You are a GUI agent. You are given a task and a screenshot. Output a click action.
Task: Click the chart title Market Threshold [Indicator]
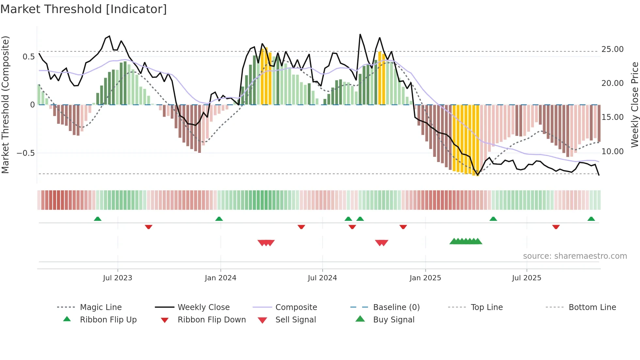[84, 9]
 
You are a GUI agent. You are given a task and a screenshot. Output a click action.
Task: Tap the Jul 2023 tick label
[118, 278]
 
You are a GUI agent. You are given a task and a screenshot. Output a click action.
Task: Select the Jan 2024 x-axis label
[220, 278]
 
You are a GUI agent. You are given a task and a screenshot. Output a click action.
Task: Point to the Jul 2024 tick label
[322, 278]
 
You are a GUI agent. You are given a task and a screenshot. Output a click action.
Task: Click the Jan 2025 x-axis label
[425, 278]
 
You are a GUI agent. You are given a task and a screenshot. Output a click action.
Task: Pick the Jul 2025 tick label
[526, 278]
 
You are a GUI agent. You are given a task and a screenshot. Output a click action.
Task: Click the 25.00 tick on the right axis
[612, 49]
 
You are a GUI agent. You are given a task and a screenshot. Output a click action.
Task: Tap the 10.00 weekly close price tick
[612, 152]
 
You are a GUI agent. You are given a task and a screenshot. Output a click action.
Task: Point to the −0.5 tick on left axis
[26, 153]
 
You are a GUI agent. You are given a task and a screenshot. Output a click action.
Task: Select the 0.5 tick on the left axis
[29, 57]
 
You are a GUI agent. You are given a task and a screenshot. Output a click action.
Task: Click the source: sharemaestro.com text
[575, 256]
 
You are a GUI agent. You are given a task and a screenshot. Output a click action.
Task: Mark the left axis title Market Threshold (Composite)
[5, 105]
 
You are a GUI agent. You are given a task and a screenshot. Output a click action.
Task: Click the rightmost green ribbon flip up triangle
[591, 219]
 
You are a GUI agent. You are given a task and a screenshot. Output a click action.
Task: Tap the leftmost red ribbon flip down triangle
[149, 227]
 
